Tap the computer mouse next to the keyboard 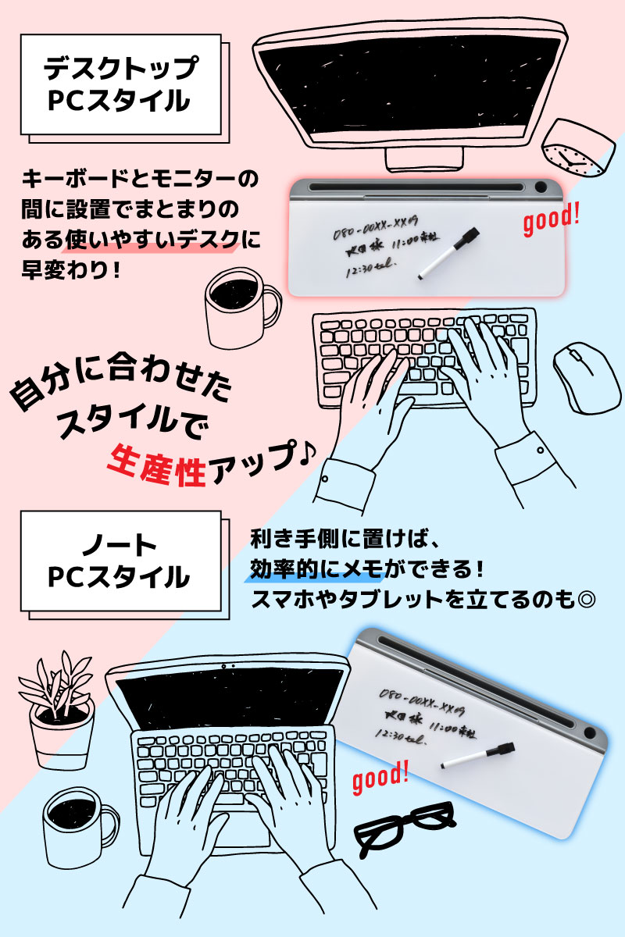(x=585, y=378)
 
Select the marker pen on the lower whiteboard (x=477, y=755)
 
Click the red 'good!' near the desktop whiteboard (x=551, y=220)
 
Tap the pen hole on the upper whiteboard (x=541, y=188)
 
